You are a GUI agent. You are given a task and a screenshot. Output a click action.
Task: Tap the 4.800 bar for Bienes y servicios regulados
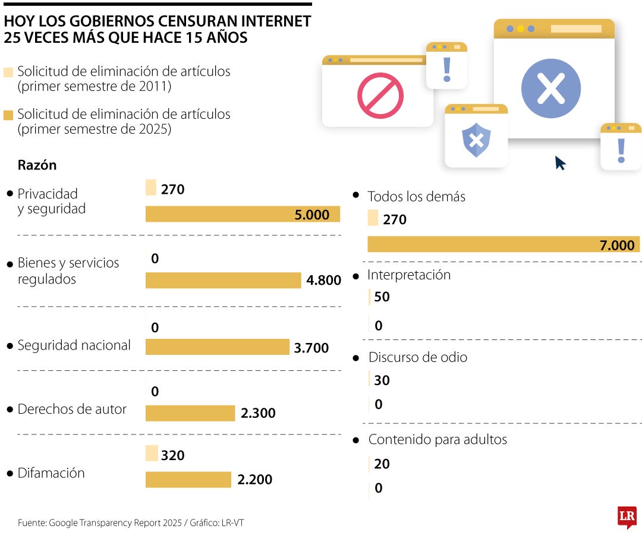(x=223, y=280)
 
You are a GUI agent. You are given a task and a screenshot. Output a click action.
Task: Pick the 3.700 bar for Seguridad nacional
(x=217, y=347)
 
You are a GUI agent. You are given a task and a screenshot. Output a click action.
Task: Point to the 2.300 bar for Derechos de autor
(x=190, y=413)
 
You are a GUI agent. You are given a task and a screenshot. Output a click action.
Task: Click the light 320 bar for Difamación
(x=152, y=454)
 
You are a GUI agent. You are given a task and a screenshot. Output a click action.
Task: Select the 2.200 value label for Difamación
(x=254, y=479)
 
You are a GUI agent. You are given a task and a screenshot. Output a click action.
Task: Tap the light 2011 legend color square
(x=8, y=73)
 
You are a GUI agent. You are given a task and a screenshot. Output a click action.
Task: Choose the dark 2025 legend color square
(x=8, y=115)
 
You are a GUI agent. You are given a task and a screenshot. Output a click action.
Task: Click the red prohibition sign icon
(x=380, y=95)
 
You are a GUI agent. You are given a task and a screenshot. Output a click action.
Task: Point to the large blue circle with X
(x=550, y=89)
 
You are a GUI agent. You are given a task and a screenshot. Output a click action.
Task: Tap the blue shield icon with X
(x=476, y=140)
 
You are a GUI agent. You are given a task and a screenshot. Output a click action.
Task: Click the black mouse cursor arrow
(x=560, y=163)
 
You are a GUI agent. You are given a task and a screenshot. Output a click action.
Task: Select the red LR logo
(x=627, y=517)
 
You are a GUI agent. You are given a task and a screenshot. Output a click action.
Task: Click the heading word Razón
(x=37, y=165)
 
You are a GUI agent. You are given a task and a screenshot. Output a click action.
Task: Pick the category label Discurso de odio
(x=417, y=357)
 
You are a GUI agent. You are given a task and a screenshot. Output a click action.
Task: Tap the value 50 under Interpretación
(x=382, y=297)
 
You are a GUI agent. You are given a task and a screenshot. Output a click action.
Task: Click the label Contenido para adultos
(x=438, y=440)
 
